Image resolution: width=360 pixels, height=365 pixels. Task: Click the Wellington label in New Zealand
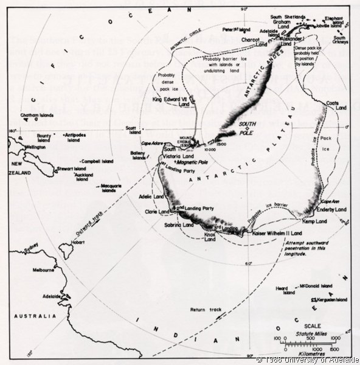coord(36,147)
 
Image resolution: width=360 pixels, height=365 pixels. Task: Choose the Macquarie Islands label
coord(108,187)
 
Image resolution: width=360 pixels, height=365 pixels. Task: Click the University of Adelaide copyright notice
coord(307,360)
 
